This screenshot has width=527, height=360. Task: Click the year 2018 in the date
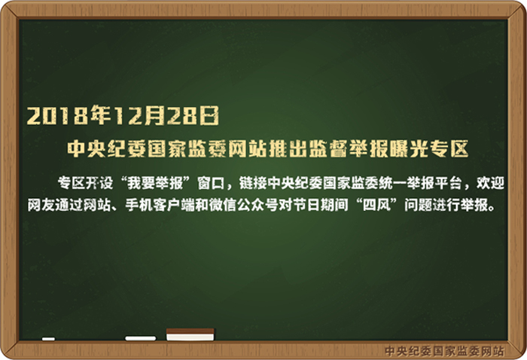point(59,115)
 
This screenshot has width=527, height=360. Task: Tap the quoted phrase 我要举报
point(155,183)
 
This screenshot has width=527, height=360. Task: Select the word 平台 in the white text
point(449,183)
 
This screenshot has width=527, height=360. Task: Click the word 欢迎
point(490,183)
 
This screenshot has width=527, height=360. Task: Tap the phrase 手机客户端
point(160,205)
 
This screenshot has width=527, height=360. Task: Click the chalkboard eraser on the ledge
point(190,334)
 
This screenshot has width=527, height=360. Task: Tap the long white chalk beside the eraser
point(141,338)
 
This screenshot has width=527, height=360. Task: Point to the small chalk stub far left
point(48,339)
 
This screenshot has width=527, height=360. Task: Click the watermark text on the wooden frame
point(444,351)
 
